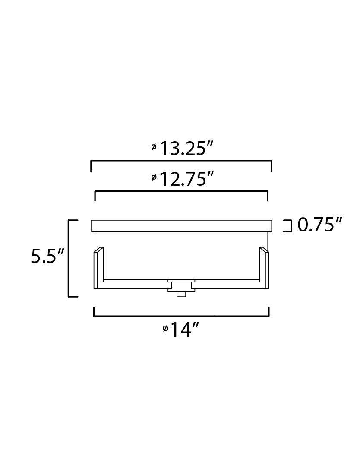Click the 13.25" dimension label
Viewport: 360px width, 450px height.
[x=186, y=148]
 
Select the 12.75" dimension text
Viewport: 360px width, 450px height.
[x=186, y=178]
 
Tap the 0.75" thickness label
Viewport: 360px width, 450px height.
[x=320, y=225]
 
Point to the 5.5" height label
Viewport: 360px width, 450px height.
[x=47, y=257]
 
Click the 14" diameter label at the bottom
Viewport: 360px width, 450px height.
[x=185, y=330]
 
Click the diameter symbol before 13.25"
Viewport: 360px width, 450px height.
[x=154, y=147]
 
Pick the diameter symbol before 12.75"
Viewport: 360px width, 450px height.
[x=154, y=177]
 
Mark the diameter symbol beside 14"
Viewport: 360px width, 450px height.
[x=165, y=329]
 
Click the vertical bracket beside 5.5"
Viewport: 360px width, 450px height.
[x=69, y=258]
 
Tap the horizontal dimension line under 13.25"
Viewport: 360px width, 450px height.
[x=181, y=161]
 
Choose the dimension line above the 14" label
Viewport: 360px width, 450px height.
[x=181, y=316]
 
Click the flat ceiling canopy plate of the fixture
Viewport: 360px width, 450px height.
[x=181, y=225]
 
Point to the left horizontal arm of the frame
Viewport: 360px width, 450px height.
[x=135, y=284]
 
